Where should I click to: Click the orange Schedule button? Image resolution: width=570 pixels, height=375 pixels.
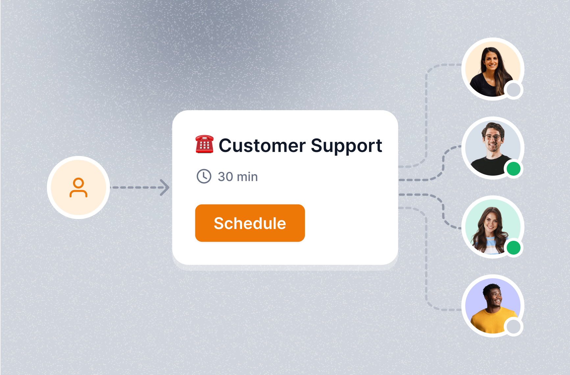click(250, 223)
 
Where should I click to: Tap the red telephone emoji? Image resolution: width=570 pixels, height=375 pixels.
click(205, 144)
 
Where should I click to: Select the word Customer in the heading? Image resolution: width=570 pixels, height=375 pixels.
click(262, 145)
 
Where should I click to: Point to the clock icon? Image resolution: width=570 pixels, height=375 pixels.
click(204, 176)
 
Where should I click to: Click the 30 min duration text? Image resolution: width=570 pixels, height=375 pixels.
click(238, 177)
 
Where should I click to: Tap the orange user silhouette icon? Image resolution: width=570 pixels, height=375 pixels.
click(78, 187)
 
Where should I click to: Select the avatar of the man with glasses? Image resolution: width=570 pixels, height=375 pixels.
click(492, 148)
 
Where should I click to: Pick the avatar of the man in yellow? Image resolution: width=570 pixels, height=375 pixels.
click(492, 306)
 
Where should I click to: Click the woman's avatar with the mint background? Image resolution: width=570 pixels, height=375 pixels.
click(492, 227)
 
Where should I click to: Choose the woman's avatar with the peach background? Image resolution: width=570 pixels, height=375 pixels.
click(492, 69)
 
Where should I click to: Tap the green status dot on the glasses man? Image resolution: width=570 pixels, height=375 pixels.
click(513, 169)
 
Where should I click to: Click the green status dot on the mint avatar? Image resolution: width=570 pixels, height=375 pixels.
click(513, 248)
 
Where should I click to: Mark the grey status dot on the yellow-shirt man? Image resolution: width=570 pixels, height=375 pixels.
click(513, 327)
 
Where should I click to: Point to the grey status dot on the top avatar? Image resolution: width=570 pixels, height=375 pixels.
click(513, 90)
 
